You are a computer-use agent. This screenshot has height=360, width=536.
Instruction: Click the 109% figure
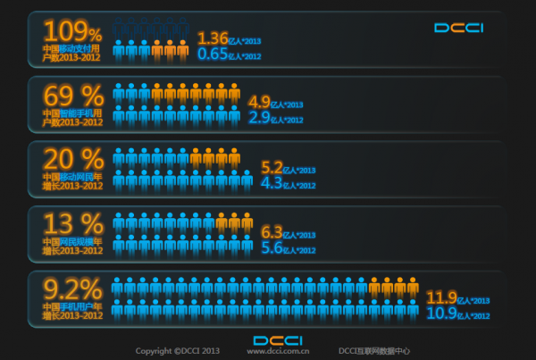71,31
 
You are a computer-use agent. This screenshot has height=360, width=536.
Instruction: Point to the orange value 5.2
271,167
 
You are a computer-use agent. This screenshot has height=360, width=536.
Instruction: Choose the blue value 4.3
271,183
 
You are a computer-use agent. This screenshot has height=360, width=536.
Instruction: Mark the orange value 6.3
271,232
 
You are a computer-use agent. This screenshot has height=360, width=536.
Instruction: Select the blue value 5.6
271,247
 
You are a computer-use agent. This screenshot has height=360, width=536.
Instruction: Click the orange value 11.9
440,297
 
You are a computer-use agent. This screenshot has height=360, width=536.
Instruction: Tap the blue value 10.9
440,313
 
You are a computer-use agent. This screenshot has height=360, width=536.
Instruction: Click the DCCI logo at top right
458,28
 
